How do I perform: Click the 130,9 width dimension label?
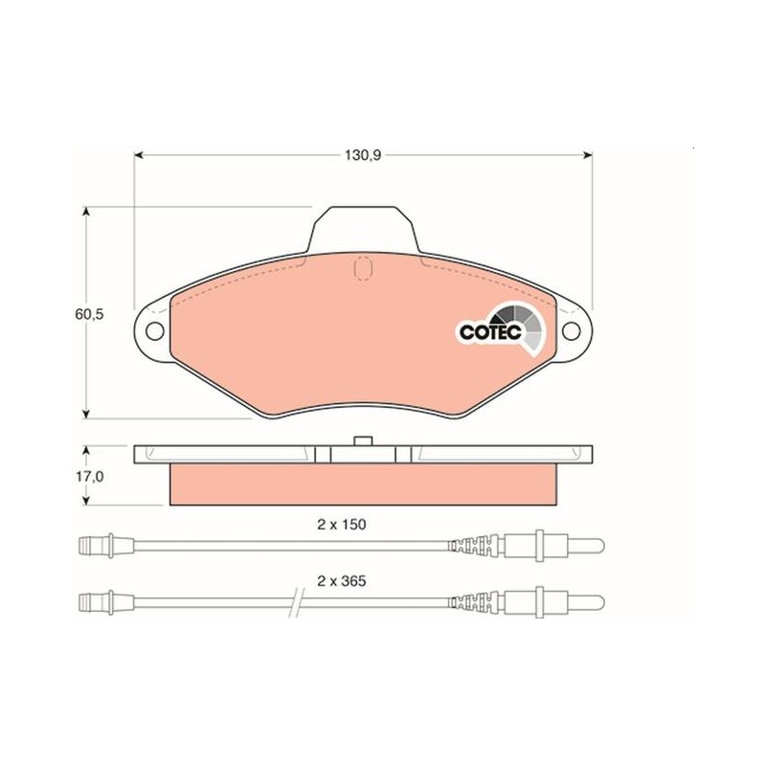pos(363,155)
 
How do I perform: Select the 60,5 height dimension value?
pos(89,314)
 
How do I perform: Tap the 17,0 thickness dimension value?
pos(89,476)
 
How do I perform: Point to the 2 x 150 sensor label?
pos(342,525)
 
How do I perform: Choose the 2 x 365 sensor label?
pos(342,581)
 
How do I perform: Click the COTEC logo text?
pos(490,332)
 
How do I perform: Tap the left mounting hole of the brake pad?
pos(155,331)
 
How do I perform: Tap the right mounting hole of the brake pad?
pos(571,331)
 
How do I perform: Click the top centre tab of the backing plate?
pos(364,230)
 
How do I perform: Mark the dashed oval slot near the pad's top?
pos(363,268)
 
